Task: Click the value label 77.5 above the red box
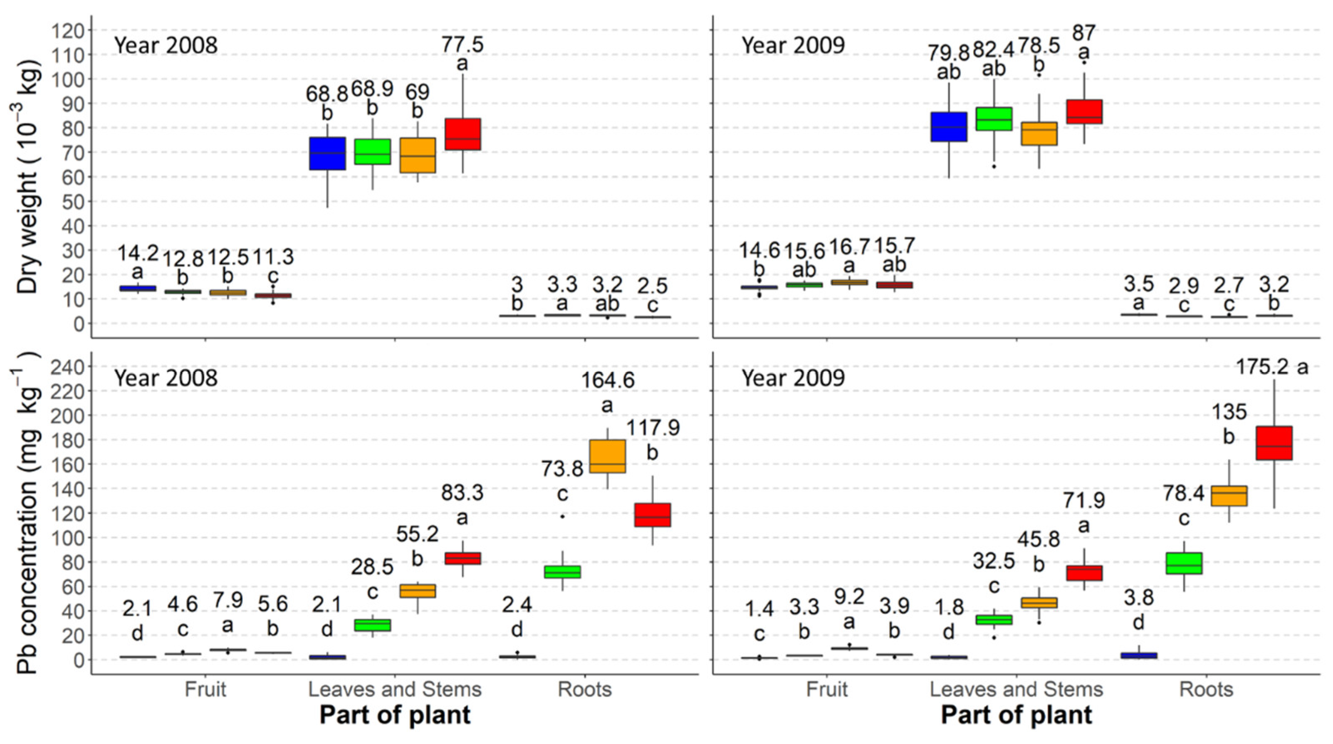point(462,44)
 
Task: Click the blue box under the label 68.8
point(327,153)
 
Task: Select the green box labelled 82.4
point(994,119)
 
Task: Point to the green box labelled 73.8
point(562,572)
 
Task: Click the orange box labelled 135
point(1229,496)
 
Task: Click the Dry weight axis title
point(27,176)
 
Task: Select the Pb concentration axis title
point(27,512)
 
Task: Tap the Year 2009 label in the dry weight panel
point(793,45)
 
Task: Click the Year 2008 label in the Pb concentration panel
point(166,378)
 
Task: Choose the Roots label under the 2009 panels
point(1206,690)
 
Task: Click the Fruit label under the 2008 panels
point(205,690)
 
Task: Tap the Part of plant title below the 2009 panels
point(1016,715)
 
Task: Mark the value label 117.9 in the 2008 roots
point(653,428)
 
